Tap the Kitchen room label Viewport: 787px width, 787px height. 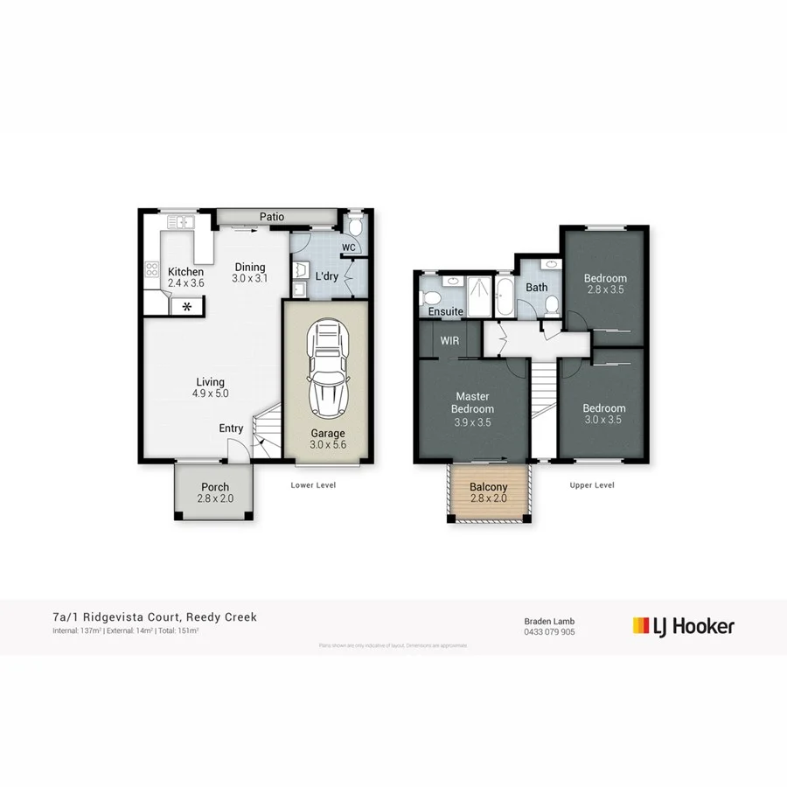pyautogui.click(x=185, y=272)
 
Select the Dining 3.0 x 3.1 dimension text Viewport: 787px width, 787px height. pyautogui.click(x=249, y=279)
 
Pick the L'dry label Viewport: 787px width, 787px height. pyautogui.click(x=326, y=276)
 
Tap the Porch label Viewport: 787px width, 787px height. pyautogui.click(x=215, y=487)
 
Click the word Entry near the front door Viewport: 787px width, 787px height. pyautogui.click(x=231, y=428)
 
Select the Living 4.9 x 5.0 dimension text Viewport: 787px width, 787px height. pyautogui.click(x=210, y=393)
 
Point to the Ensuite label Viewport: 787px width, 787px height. pyautogui.click(x=445, y=311)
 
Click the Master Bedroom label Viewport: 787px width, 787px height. pyautogui.click(x=472, y=403)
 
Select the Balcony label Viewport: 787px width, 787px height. pyautogui.click(x=489, y=487)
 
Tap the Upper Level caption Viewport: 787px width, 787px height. pyautogui.click(x=593, y=485)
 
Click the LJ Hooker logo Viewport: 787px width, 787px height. pyautogui.click(x=683, y=626)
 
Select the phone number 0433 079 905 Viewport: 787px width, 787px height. pyautogui.click(x=549, y=631)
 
